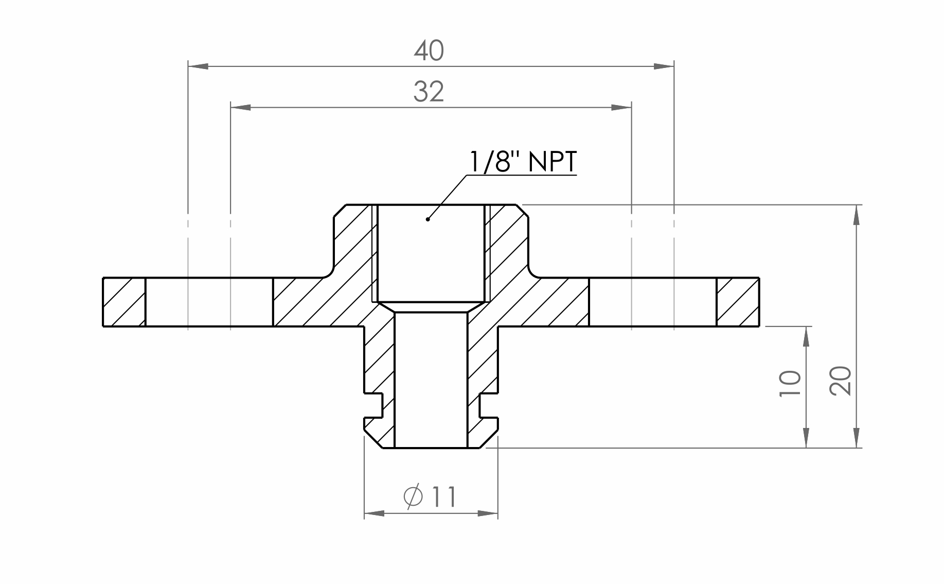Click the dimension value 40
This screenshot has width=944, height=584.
point(429,51)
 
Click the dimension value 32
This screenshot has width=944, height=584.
point(429,92)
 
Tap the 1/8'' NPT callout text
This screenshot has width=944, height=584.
point(523,162)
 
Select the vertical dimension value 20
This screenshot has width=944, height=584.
point(840,381)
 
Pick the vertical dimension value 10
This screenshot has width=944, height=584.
point(790,383)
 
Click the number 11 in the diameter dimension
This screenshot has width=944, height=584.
point(443,497)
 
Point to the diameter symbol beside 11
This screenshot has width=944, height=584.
point(414,496)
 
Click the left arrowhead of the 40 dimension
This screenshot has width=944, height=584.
point(199,66)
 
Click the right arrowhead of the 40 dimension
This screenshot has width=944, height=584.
point(664,66)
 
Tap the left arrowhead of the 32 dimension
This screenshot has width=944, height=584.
point(241,107)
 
